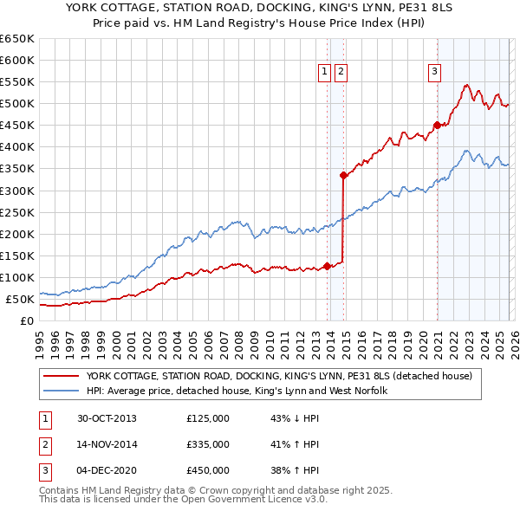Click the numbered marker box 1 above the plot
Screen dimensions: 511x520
(324, 72)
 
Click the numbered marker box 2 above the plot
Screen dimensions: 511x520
(341, 72)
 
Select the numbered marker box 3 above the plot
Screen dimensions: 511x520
(434, 72)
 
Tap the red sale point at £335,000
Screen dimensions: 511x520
(344, 175)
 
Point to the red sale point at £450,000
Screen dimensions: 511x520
(437, 125)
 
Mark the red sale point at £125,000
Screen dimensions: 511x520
(328, 266)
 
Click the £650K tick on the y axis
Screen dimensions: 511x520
(17, 39)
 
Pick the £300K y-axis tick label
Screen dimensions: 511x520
(17, 191)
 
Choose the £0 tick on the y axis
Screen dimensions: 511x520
(28, 320)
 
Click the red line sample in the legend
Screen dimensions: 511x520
(62, 376)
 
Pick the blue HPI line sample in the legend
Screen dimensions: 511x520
(62, 391)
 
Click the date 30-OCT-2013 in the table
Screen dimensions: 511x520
(107, 419)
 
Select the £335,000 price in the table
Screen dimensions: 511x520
(208, 444)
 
